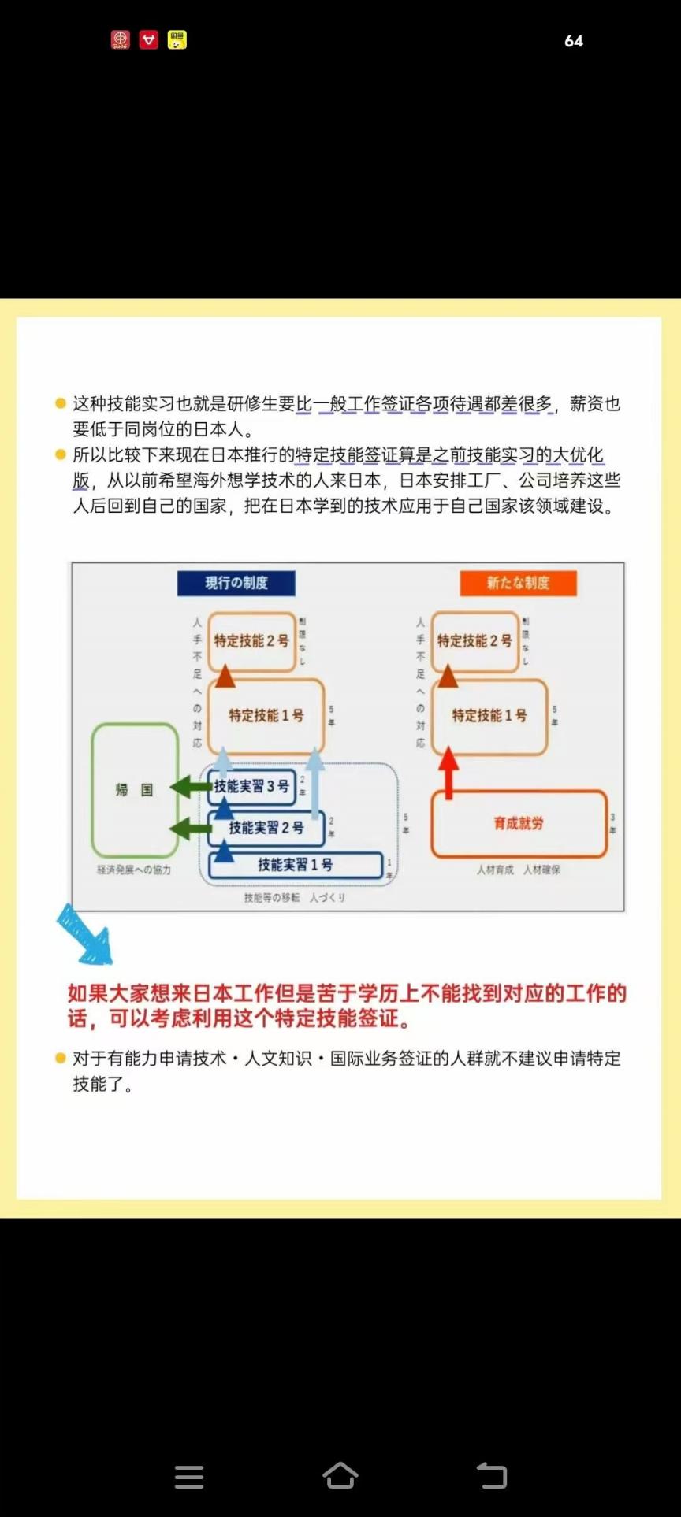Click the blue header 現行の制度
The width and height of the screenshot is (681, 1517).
[x=236, y=583]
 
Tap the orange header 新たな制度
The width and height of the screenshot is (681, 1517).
[x=518, y=583]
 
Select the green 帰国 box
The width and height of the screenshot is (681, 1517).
[x=135, y=790]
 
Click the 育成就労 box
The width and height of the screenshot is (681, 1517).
[x=519, y=823]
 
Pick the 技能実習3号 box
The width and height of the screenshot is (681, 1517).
[x=251, y=786]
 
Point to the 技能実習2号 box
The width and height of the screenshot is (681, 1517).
[x=266, y=827]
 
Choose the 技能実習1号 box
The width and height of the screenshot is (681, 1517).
[x=295, y=865]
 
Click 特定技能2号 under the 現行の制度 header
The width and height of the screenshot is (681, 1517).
[x=251, y=641]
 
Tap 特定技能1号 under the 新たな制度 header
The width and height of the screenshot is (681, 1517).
[x=489, y=715]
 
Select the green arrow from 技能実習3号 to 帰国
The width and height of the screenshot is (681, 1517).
[x=190, y=786]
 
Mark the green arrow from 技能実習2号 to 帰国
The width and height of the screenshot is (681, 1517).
[x=190, y=828]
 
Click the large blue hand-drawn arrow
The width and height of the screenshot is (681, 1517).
[x=84, y=935]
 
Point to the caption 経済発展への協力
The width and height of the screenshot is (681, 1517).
[x=134, y=870]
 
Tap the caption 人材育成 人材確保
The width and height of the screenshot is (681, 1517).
[x=518, y=870]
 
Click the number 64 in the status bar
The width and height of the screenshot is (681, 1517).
[x=574, y=41]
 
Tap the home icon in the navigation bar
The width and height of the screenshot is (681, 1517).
[x=340, y=1476]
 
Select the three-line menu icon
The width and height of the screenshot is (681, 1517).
[x=189, y=1477]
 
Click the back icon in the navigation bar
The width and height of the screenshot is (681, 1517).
[x=492, y=1476]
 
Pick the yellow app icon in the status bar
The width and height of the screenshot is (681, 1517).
[x=177, y=40]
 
